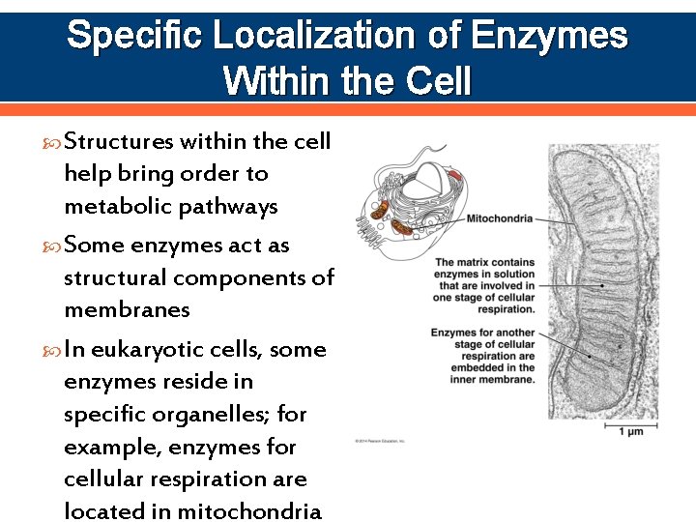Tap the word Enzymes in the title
click(x=549, y=37)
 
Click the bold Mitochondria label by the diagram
click(x=499, y=219)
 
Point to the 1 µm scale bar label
click(x=631, y=431)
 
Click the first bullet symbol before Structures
click(x=54, y=143)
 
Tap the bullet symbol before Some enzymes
click(x=54, y=246)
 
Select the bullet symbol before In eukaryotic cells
click(x=54, y=350)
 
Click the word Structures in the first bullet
click(x=119, y=142)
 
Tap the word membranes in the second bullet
click(x=127, y=309)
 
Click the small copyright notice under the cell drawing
click(x=381, y=441)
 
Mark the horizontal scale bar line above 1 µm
click(x=630, y=420)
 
